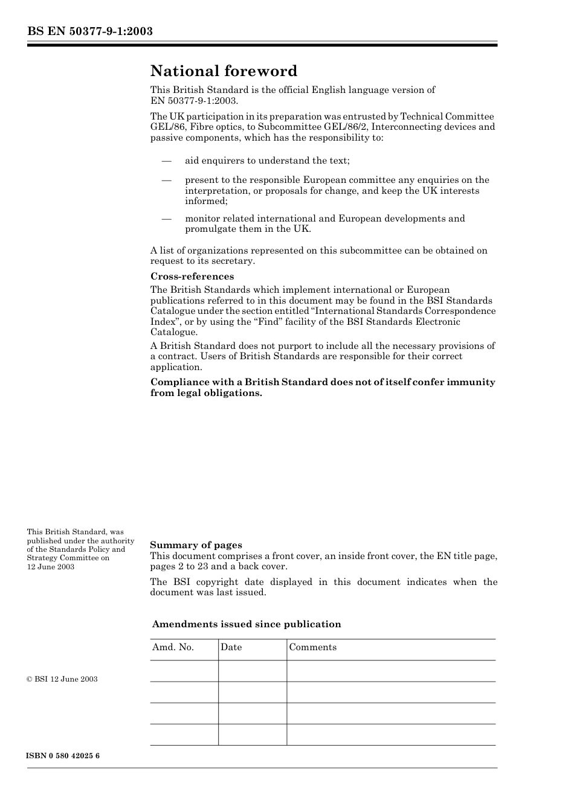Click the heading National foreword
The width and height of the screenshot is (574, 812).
[x=224, y=71]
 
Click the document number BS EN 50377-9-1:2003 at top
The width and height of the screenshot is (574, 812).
[x=89, y=31]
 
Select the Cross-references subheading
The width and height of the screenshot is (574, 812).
[x=192, y=277]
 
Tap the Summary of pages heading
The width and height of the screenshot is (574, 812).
[x=196, y=545]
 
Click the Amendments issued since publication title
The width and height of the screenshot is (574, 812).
[x=247, y=624]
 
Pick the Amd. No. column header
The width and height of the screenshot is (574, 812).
[x=173, y=647]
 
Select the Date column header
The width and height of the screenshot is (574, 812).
[x=231, y=647]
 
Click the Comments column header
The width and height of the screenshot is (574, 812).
[x=312, y=647]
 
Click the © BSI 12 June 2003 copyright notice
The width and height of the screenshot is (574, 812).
[x=62, y=679]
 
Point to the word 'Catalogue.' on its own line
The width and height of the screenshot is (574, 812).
[x=174, y=332]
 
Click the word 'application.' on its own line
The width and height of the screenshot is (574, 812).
[x=176, y=367]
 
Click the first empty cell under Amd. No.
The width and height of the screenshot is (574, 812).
[x=184, y=671]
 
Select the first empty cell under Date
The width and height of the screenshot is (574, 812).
[x=252, y=671]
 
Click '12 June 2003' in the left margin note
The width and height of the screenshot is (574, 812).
[x=51, y=567]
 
